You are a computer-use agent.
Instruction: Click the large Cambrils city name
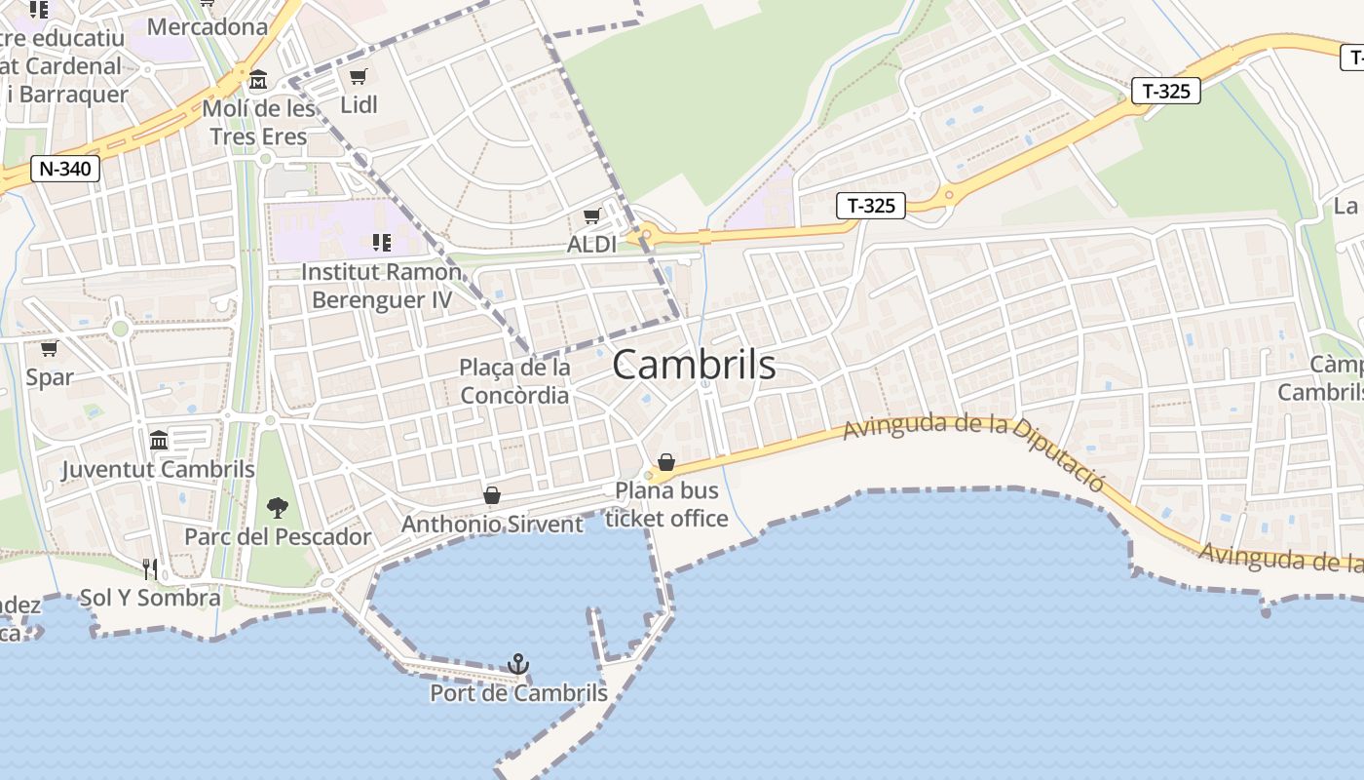point(694,366)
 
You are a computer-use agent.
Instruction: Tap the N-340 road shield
point(65,169)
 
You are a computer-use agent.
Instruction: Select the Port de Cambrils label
point(518,693)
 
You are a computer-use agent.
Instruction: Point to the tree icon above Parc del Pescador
point(278,507)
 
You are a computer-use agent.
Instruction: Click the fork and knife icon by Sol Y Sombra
point(150,568)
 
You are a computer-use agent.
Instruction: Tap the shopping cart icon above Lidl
point(358,76)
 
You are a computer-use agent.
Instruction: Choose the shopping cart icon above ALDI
point(591,215)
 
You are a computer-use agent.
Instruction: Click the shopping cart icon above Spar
point(49,348)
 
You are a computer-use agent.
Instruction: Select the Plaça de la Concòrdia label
point(514,381)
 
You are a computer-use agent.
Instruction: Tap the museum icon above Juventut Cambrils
point(159,441)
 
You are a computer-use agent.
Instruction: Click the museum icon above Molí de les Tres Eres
point(258,79)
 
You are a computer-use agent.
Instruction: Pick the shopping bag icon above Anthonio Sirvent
point(492,496)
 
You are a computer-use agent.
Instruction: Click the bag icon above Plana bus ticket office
point(666,462)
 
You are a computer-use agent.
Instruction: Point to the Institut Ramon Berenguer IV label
point(382,285)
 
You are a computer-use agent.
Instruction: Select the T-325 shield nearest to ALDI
point(870,206)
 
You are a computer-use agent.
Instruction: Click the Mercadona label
point(207,26)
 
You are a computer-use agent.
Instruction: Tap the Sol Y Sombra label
point(150,598)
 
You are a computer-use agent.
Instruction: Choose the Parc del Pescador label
point(278,536)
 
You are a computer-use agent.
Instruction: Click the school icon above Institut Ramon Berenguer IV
point(381,242)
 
